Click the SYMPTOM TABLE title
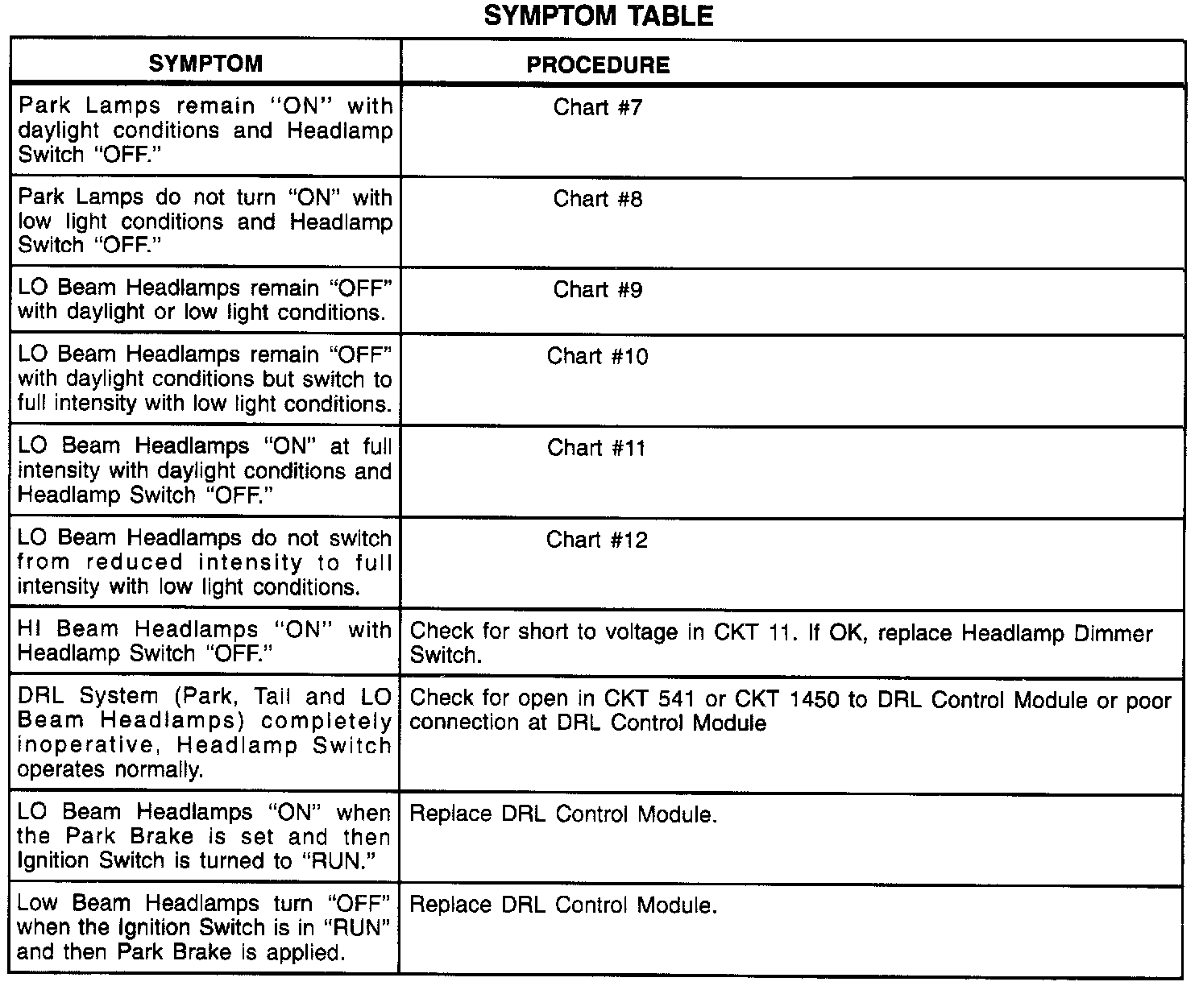(599, 16)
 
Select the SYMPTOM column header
(205, 64)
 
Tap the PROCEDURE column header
(598, 65)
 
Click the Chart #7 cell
(598, 107)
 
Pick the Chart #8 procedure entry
(598, 199)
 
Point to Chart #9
(598, 290)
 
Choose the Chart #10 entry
(597, 356)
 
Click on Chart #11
(597, 448)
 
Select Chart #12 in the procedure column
(597, 540)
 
